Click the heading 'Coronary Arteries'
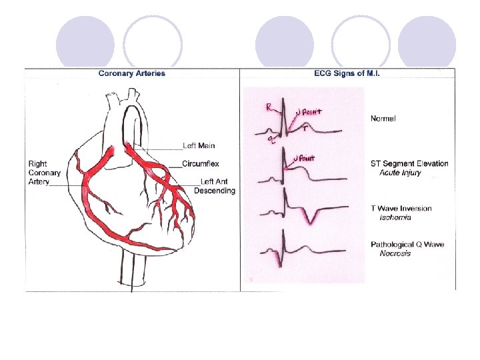[x=131, y=73]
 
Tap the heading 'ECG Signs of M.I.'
[x=347, y=73]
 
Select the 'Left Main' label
[x=199, y=146]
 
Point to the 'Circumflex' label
[x=201, y=163]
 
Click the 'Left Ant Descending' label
[x=215, y=186]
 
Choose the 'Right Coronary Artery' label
[x=45, y=173]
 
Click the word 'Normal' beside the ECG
[x=383, y=119]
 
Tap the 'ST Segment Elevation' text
[x=409, y=163]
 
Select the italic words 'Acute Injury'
[x=400, y=173]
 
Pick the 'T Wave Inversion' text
[x=401, y=208]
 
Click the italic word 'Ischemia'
[x=395, y=217]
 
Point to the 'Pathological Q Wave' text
[x=407, y=245]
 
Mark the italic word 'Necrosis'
[x=395, y=253]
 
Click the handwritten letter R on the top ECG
[x=268, y=107]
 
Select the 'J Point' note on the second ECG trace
[x=304, y=159]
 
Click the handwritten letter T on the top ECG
[x=305, y=129]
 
